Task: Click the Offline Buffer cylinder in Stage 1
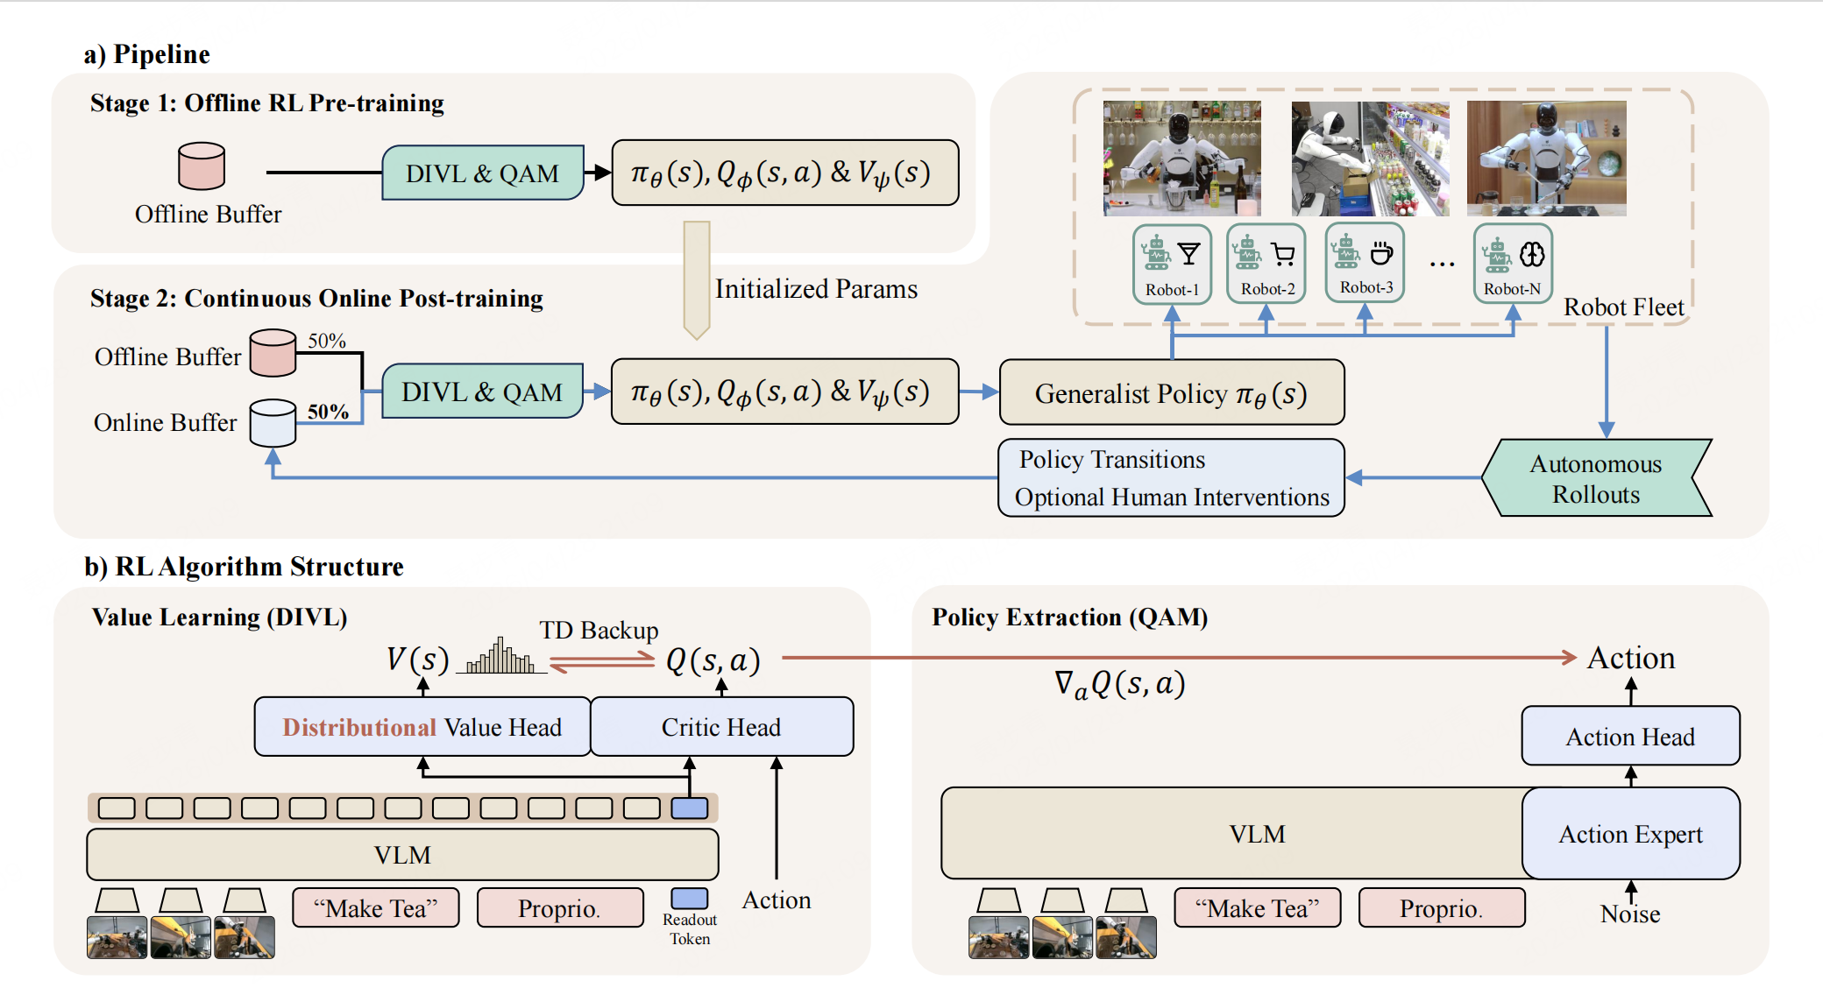(202, 166)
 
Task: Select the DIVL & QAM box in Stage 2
(482, 392)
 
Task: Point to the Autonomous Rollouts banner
(1596, 478)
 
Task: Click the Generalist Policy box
(1171, 393)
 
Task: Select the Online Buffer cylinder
(273, 423)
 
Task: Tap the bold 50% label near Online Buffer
(328, 412)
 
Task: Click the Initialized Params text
(816, 289)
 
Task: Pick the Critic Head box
(721, 727)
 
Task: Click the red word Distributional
(358, 728)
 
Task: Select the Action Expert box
(1630, 834)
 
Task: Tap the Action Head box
(1630, 737)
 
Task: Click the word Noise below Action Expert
(1630, 914)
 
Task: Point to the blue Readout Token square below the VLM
(690, 899)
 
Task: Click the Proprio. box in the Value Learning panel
(559, 908)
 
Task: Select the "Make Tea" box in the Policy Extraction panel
(1257, 908)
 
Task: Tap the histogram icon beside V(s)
(500, 656)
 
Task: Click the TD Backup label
(599, 631)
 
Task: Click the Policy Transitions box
(1171, 478)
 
